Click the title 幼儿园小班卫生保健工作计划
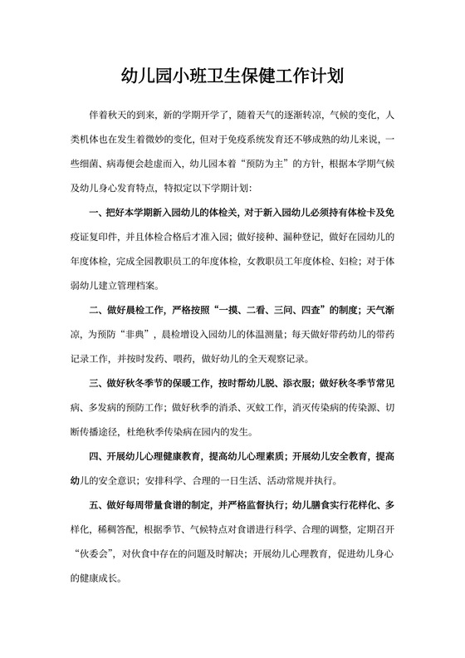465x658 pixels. click(232, 76)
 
